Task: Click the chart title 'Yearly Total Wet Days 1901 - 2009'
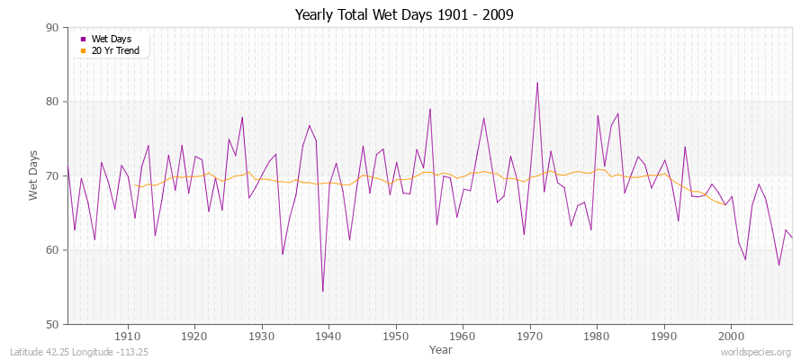coord(405,15)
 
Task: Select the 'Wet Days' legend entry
coord(112,40)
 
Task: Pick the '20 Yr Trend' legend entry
coord(115,50)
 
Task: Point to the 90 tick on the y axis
coord(52,28)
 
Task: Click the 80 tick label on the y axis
coord(52,102)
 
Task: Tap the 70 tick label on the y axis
coord(52,176)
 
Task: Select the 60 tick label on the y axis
coord(52,250)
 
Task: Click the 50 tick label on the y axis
coord(52,324)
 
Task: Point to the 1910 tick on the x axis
coord(128,335)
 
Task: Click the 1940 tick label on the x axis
coord(329,335)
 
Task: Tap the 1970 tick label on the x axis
coord(530,335)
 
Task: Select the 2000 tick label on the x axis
coord(732,335)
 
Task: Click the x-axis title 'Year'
coord(441,348)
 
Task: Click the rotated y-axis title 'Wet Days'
coord(34,176)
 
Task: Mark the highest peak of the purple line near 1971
coord(537,83)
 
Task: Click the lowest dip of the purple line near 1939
coord(322,291)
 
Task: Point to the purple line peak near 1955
coord(430,109)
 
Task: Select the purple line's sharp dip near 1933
coord(283,254)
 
